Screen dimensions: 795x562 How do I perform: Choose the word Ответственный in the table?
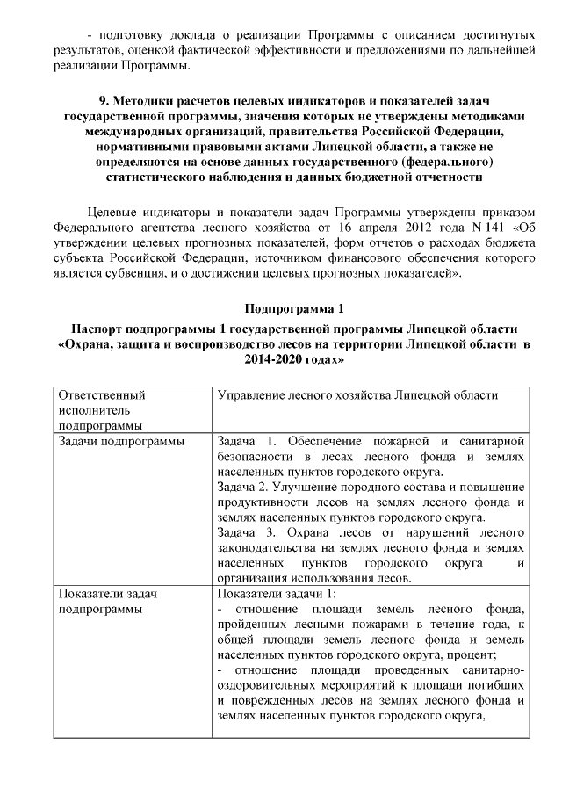[102, 395]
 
